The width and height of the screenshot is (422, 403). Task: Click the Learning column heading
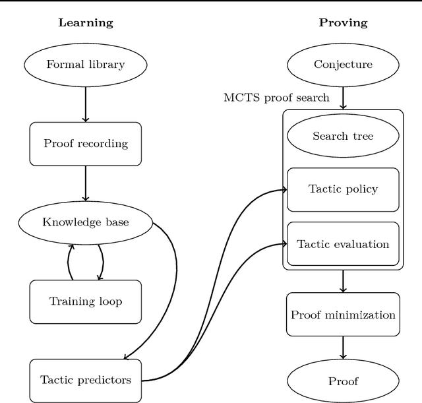click(86, 22)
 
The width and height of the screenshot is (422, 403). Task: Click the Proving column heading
click(343, 22)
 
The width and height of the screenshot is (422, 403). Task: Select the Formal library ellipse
click(86, 65)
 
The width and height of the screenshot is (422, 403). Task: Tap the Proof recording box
click(86, 144)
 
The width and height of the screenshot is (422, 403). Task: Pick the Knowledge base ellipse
click(86, 222)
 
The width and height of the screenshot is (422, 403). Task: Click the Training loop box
click(86, 301)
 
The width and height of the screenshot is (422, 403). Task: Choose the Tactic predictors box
click(86, 380)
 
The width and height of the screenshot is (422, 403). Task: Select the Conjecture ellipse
click(343, 65)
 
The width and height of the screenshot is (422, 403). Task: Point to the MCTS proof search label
click(276, 98)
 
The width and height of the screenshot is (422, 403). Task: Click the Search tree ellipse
click(343, 137)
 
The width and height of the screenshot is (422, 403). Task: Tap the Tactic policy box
click(343, 189)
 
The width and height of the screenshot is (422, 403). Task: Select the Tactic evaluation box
click(343, 244)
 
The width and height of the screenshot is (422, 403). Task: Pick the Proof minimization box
click(343, 315)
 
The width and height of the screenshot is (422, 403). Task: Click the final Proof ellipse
click(343, 381)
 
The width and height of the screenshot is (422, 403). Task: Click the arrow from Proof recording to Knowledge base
click(86, 183)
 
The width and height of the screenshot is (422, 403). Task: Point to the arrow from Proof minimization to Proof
click(343, 348)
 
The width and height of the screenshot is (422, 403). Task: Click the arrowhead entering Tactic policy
click(284, 190)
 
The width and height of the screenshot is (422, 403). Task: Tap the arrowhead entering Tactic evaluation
click(284, 245)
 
